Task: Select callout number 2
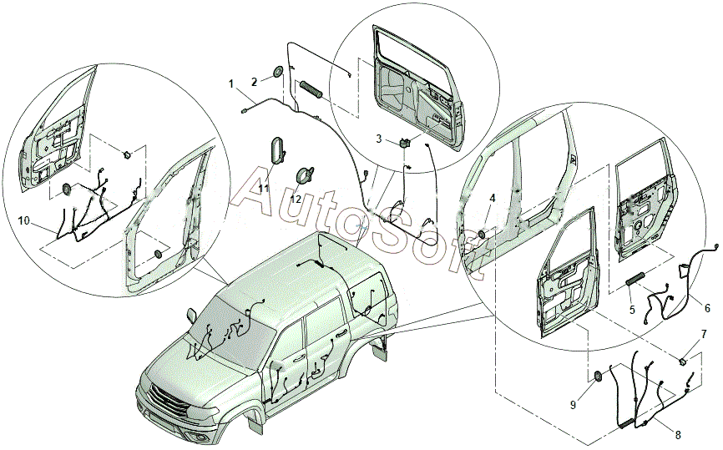[x=254, y=82]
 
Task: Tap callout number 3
[x=378, y=139]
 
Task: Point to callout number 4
[x=493, y=198]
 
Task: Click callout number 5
[x=632, y=310]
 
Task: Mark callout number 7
[x=704, y=333]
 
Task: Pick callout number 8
[x=678, y=434]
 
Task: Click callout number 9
[x=574, y=405]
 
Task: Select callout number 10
[x=24, y=221]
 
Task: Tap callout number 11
[x=263, y=188]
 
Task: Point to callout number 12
[x=296, y=200]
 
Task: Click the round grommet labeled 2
[x=277, y=72]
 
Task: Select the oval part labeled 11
[x=277, y=149]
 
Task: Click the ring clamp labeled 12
[x=306, y=174]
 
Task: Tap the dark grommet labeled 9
[x=595, y=376]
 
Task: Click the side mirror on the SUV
[x=191, y=315]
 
